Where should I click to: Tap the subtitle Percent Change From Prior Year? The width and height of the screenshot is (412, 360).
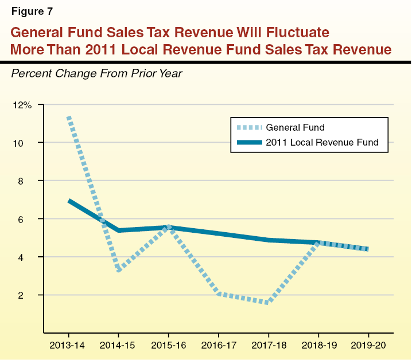tap(96, 73)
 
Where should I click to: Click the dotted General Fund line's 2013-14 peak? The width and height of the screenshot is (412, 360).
tap(69, 118)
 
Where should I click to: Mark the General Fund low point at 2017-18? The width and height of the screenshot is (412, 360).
tap(268, 302)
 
